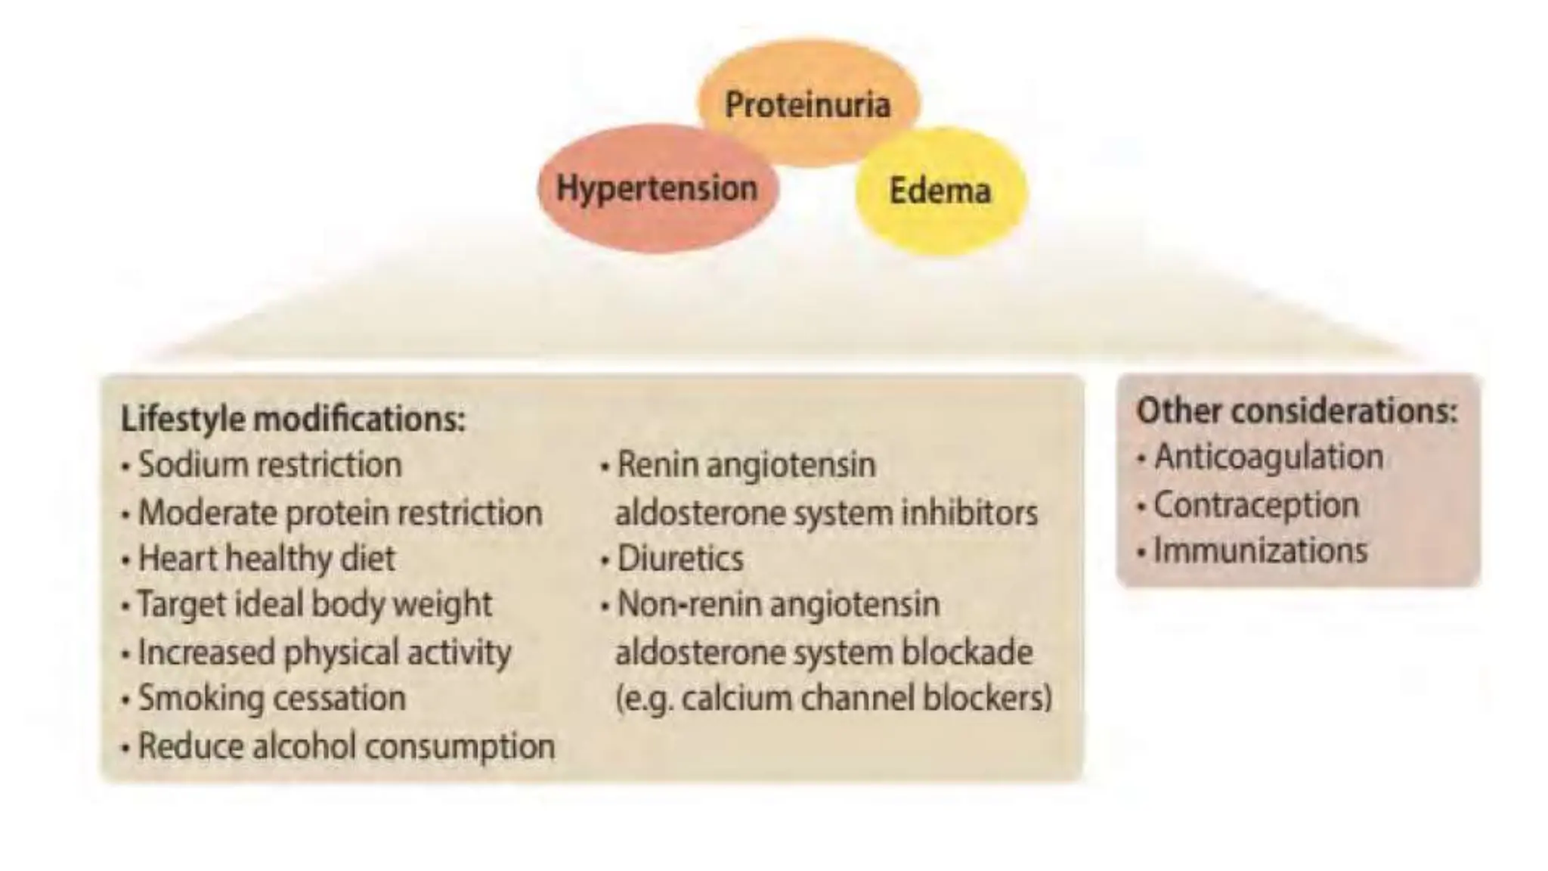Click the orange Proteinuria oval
807,104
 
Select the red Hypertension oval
656,188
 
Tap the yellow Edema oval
940,191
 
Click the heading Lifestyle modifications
293,419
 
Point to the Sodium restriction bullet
269,464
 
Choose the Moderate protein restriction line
339,513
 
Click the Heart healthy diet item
266,559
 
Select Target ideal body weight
314,604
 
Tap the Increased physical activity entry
324,652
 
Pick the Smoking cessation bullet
271,698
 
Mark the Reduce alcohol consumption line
346,746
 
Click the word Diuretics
680,559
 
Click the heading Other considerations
1296,411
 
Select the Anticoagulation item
1268,457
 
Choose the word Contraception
1256,504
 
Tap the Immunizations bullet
1260,550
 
